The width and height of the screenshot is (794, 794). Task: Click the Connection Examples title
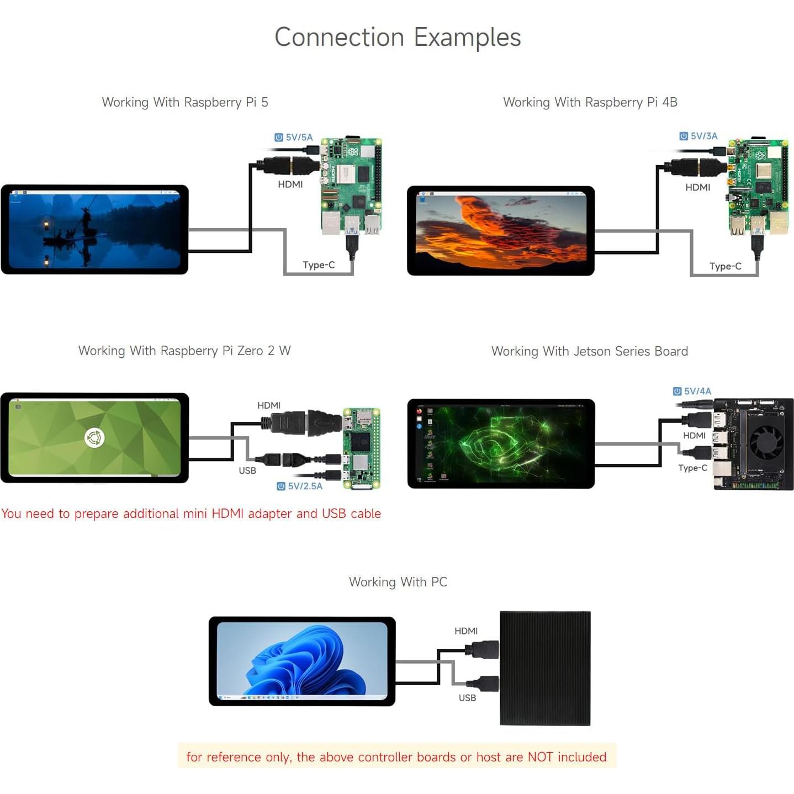tap(397, 38)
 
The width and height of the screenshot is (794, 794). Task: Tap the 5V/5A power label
tap(294, 137)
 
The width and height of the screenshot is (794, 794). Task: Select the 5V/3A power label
tap(699, 136)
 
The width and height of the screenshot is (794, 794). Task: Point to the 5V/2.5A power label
tap(300, 486)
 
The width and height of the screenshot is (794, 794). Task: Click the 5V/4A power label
tap(692, 391)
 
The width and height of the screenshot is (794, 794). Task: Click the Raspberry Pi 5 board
tap(351, 185)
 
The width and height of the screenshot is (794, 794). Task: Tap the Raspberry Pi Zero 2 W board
tap(361, 448)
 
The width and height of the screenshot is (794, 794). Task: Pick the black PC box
tap(545, 668)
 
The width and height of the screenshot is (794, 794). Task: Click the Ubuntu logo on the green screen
tap(94, 438)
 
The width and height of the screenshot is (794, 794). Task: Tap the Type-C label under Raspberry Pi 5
tap(319, 265)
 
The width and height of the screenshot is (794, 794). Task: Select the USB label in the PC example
tap(467, 698)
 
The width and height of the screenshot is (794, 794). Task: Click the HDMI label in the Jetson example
tap(694, 436)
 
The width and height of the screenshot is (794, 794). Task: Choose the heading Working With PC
tap(398, 582)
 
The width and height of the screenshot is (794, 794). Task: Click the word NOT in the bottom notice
tap(540, 757)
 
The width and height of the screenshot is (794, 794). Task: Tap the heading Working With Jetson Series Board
tap(589, 351)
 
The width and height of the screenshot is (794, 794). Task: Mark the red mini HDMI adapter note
tap(191, 514)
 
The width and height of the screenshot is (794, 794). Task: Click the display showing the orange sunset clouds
tap(500, 231)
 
